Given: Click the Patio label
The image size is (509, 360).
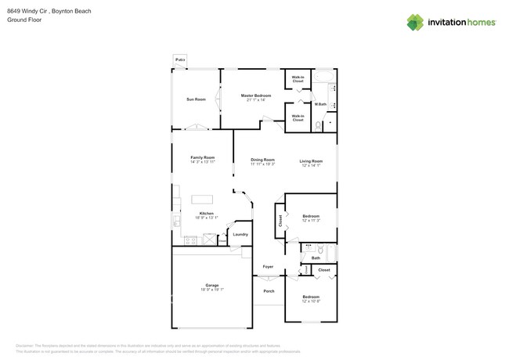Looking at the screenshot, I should click(180, 59).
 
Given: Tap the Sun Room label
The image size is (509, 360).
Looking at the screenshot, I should click(196, 99).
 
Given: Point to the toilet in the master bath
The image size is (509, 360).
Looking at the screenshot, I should click(317, 124).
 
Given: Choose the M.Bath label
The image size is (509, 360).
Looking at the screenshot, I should click(320, 104).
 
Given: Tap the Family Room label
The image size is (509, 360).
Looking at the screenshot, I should click(202, 157).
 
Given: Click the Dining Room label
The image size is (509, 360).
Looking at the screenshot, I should click(262, 160).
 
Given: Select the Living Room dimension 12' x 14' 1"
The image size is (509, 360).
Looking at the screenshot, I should click(311, 165).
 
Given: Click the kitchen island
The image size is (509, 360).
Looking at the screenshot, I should click(203, 199).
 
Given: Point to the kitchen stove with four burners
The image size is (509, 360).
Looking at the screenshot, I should click(177, 223).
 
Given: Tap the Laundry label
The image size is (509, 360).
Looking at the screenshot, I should click(240, 234).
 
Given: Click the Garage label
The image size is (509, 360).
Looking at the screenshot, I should click(212, 285).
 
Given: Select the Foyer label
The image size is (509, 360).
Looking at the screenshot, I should click(268, 267).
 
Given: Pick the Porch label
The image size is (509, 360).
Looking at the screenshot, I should click(269, 291).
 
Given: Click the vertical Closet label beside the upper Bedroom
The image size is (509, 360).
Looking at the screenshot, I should click(279, 221).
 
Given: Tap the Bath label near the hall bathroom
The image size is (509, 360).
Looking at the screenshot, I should click(316, 257).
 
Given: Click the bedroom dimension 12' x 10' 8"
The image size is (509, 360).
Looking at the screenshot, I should click(311, 301).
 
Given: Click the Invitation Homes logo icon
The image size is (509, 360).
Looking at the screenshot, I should click(415, 22).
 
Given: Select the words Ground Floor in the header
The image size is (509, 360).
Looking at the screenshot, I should click(24, 20).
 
